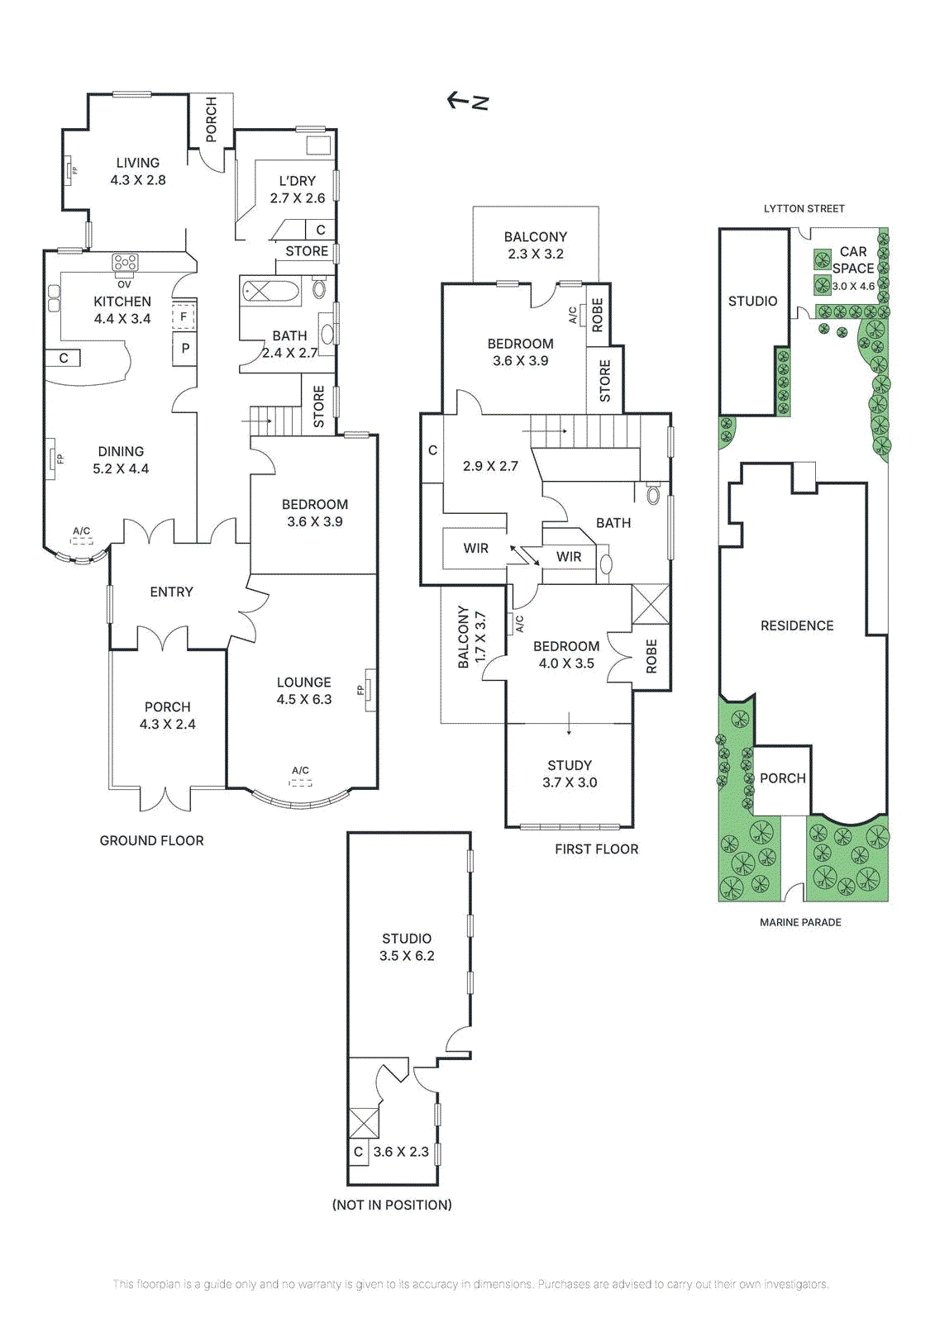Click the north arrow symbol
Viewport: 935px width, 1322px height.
tap(468, 101)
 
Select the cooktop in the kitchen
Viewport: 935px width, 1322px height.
tap(125, 263)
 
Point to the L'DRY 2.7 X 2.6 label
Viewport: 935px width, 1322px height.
tap(298, 189)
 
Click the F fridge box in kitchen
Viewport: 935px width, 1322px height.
tap(184, 316)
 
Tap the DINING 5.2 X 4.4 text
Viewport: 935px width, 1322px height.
tap(121, 460)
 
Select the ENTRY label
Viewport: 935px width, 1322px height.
tap(171, 592)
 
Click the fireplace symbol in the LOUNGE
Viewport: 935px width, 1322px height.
tap(370, 690)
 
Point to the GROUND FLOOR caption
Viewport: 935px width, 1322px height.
tap(151, 840)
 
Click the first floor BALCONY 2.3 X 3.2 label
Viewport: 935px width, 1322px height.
tap(536, 245)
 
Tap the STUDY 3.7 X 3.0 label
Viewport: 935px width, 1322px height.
tap(570, 773)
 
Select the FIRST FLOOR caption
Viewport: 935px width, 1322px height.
tap(596, 849)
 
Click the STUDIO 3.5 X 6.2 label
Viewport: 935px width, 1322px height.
tap(407, 947)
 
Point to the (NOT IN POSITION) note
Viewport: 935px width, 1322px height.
tap(392, 1205)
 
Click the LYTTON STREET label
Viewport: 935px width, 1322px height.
tap(804, 208)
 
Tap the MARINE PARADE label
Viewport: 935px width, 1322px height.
tap(800, 922)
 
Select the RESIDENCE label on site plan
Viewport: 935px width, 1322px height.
tap(797, 625)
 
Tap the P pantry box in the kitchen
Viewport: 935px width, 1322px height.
tap(185, 349)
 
